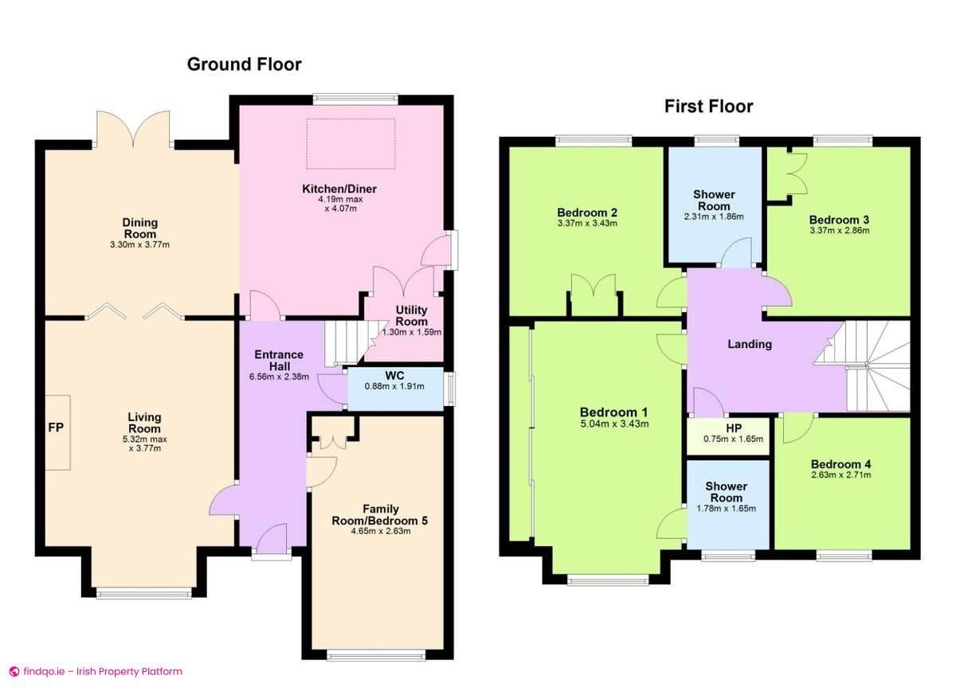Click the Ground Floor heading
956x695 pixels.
pyautogui.click(x=244, y=64)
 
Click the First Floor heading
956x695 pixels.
pyautogui.click(x=708, y=106)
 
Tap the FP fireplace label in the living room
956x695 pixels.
pyautogui.click(x=56, y=428)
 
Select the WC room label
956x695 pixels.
pyautogui.click(x=394, y=376)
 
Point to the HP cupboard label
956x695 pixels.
pyautogui.click(x=734, y=428)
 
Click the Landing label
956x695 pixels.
pyautogui.click(x=750, y=344)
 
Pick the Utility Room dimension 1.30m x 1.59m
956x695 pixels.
pyautogui.click(x=411, y=332)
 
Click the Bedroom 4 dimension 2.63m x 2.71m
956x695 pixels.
pyautogui.click(x=841, y=475)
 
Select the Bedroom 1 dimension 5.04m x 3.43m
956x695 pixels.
pyautogui.click(x=614, y=424)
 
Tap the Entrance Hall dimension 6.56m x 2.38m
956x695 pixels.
pyautogui.click(x=279, y=377)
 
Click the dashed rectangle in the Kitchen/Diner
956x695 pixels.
pyautogui.click(x=351, y=144)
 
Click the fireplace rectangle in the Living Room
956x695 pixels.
pyautogui.click(x=57, y=433)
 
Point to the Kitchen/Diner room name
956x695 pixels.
pyautogui.click(x=339, y=189)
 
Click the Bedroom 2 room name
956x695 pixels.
pyautogui.click(x=587, y=213)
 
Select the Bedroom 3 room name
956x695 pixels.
pyautogui.click(x=839, y=220)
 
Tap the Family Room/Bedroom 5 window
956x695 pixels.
pyautogui.click(x=376, y=655)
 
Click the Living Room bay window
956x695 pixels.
pyautogui.click(x=144, y=593)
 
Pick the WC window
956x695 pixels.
pyautogui.click(x=449, y=388)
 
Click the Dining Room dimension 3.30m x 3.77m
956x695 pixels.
pyautogui.click(x=139, y=244)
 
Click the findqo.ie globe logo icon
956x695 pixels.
pyautogui.click(x=14, y=672)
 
